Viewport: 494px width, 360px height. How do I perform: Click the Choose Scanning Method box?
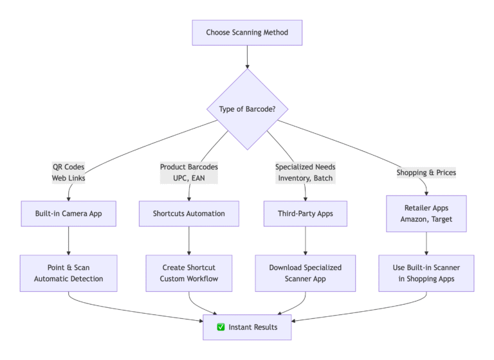click(247, 33)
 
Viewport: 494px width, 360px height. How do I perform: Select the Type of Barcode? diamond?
click(247, 109)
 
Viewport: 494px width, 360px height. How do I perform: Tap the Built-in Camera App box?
click(69, 213)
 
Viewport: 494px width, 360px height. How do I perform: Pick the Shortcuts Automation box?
click(189, 213)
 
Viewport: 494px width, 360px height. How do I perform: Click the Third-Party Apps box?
click(306, 213)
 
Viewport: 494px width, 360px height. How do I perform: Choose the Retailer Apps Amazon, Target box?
click(426, 213)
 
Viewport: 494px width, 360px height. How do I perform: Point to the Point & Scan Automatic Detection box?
click(69, 273)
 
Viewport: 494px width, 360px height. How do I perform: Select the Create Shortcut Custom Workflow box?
click(189, 273)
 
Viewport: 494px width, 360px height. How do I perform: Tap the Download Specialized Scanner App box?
click(306, 273)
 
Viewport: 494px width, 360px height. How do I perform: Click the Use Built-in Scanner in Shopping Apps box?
click(426, 273)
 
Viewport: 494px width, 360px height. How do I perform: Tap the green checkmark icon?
click(221, 327)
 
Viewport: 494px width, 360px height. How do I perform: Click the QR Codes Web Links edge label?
click(69, 172)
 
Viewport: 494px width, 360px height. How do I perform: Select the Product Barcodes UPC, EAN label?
click(189, 172)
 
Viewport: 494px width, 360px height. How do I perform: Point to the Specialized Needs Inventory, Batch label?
click(306, 172)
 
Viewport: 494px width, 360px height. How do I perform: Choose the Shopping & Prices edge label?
click(426, 172)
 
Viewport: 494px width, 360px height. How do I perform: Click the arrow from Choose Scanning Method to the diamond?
click(247, 57)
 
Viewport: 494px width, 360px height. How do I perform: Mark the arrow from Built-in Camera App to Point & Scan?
click(69, 240)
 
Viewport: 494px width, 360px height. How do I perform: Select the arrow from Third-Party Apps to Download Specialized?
click(306, 240)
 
